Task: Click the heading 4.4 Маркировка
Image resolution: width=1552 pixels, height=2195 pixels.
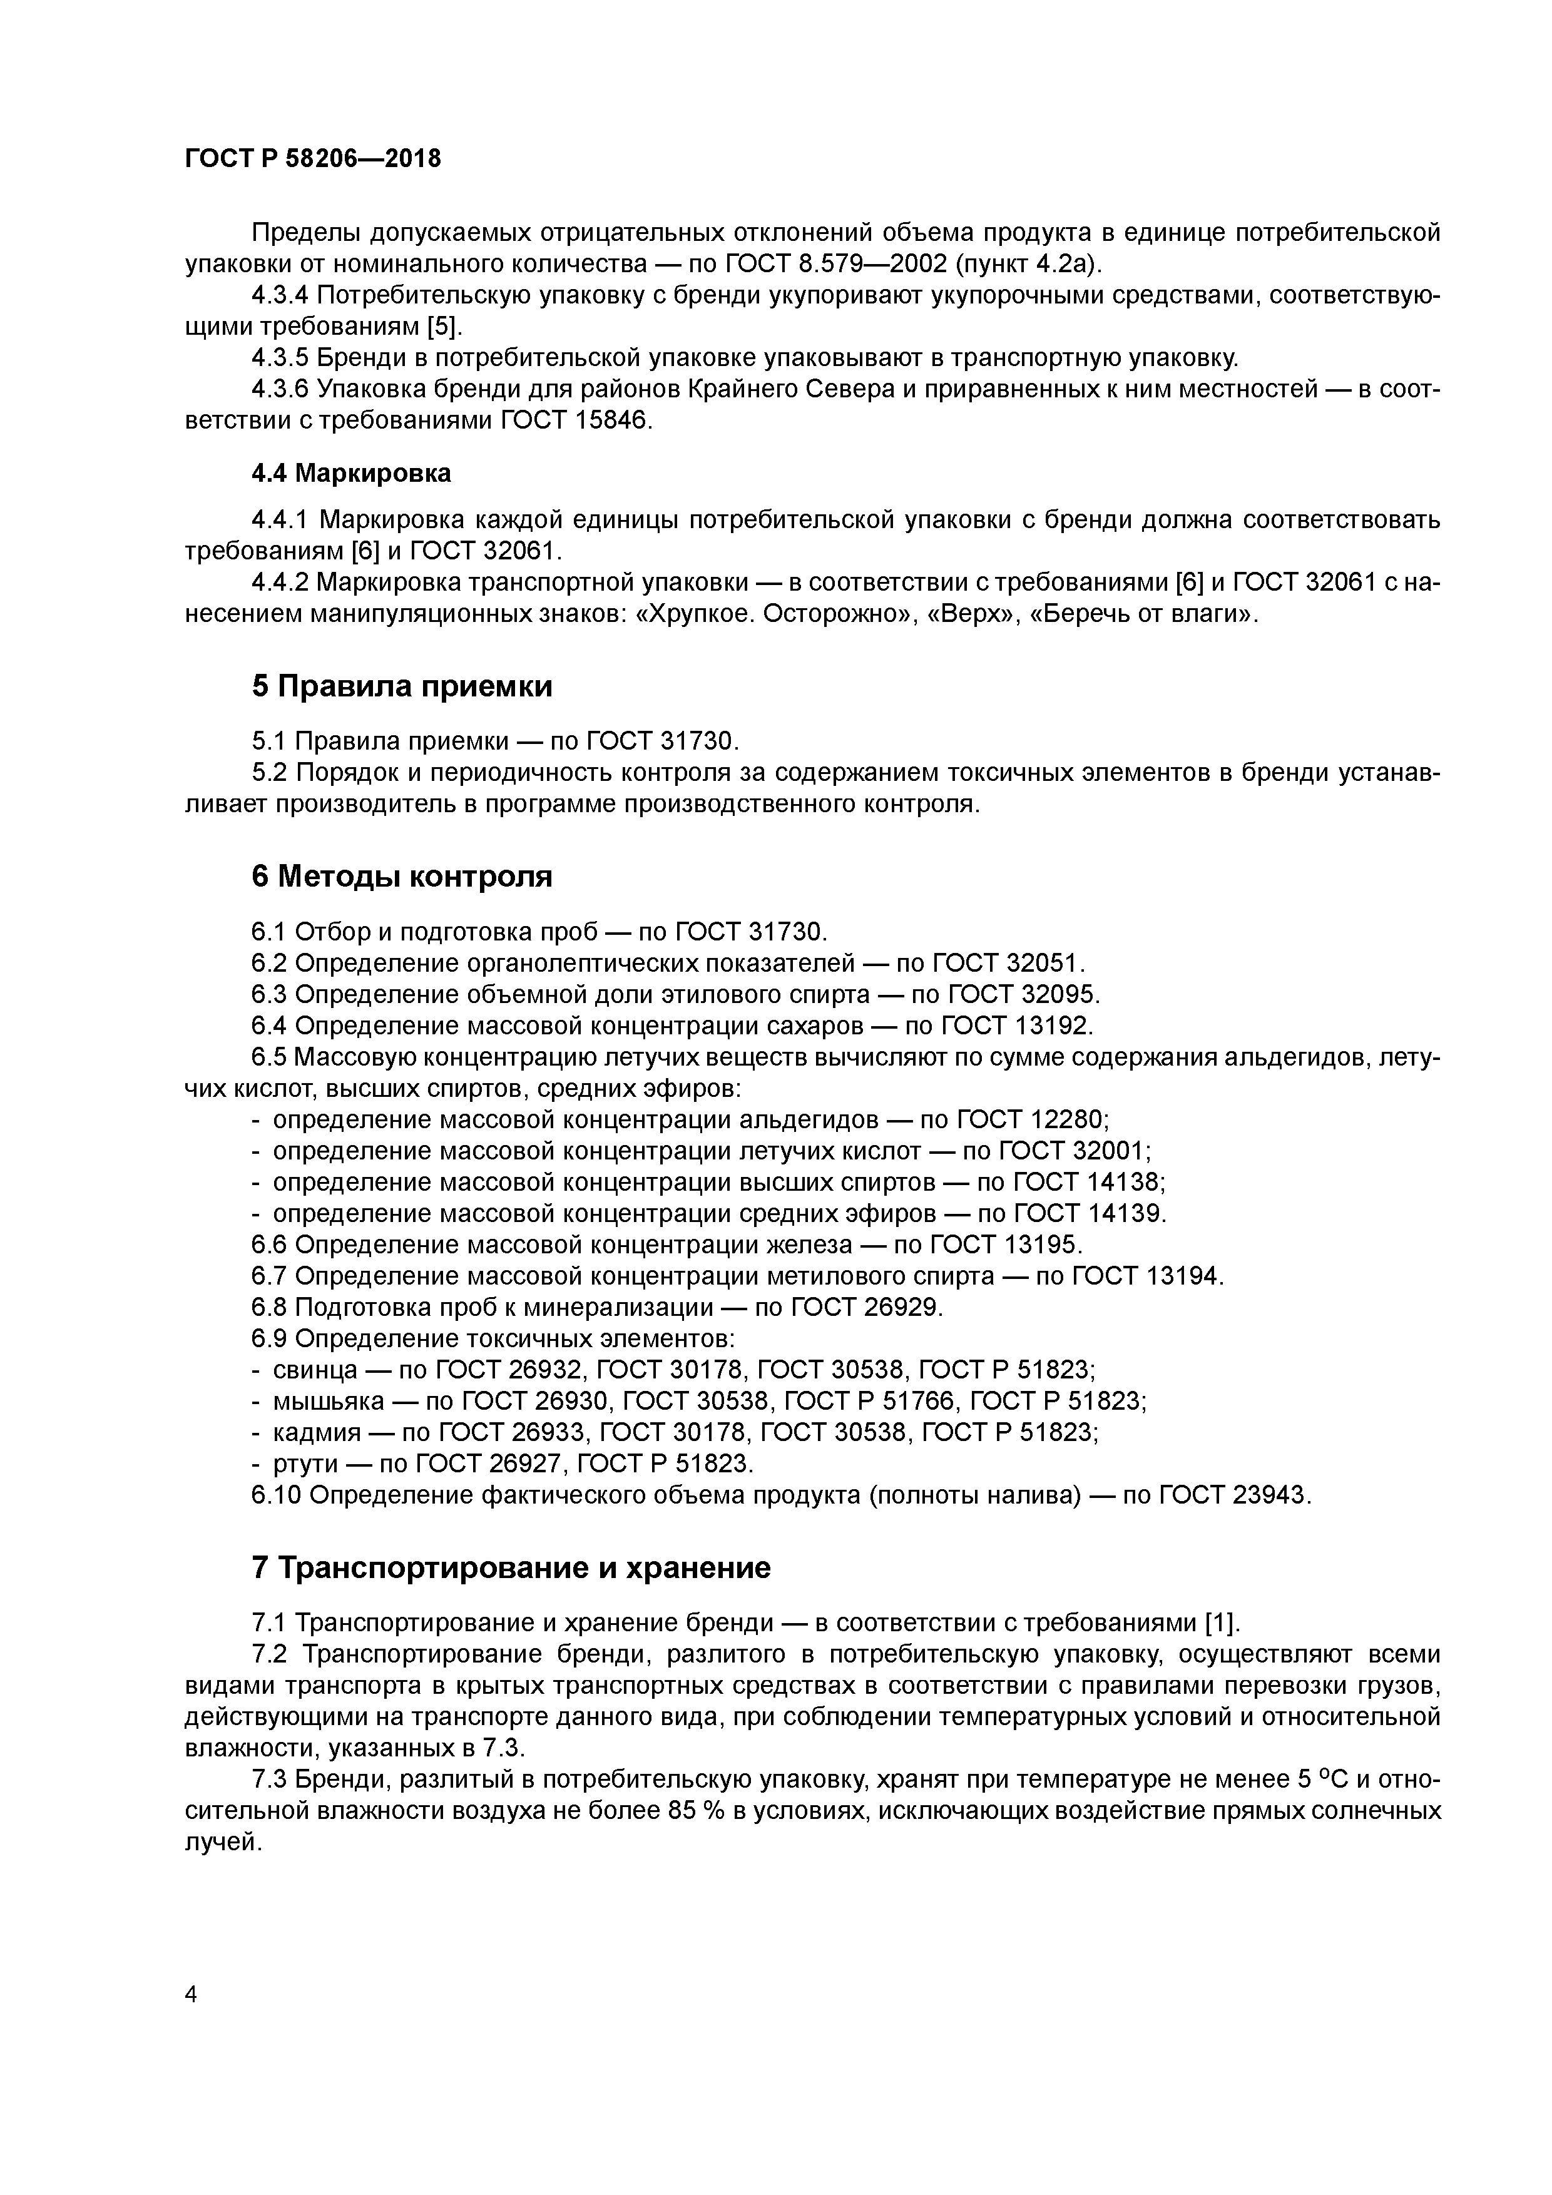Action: click(x=351, y=473)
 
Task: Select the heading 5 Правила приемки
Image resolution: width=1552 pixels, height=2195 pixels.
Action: click(x=402, y=686)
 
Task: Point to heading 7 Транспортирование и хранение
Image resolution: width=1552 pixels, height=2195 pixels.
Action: click(x=511, y=1568)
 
